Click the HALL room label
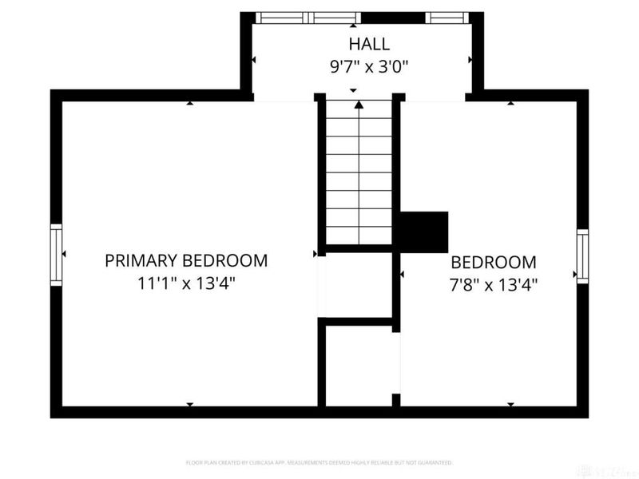click(x=369, y=43)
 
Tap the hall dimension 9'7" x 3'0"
click(x=369, y=66)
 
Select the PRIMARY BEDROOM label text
click(x=186, y=260)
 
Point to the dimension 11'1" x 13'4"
click(x=186, y=283)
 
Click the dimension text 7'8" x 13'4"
click(x=493, y=283)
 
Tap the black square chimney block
click(x=423, y=232)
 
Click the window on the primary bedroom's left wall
click(x=56, y=255)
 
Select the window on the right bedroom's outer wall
click(x=582, y=256)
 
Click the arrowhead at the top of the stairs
click(x=359, y=103)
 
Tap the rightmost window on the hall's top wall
click(x=447, y=18)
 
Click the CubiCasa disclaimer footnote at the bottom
click(x=319, y=462)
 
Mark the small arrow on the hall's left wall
click(x=254, y=60)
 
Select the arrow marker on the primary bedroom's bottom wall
click(x=189, y=405)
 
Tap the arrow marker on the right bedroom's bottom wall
click(x=510, y=405)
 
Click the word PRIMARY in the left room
click(x=142, y=260)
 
